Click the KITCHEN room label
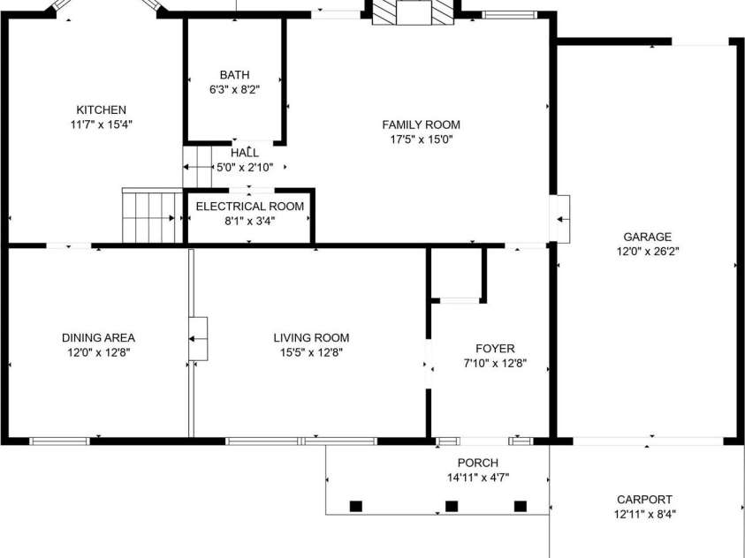coord(102,110)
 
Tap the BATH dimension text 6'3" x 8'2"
coord(235,90)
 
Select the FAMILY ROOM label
coord(421,124)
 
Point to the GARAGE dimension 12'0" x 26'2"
coord(648,252)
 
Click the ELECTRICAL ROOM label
coord(250,207)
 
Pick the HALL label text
coord(245,153)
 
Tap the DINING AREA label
coord(98,338)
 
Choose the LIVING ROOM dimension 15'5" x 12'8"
coord(311,352)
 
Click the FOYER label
coord(495,349)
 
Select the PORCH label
coord(478,463)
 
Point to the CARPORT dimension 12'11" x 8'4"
coord(645,514)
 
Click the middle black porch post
coord(452,506)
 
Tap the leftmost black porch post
coord(356,506)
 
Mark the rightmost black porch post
coord(521,506)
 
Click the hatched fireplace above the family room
coord(413,12)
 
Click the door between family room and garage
coord(559,219)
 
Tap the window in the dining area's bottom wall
coord(60,441)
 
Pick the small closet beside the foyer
coord(458,275)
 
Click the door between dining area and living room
coord(198,339)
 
